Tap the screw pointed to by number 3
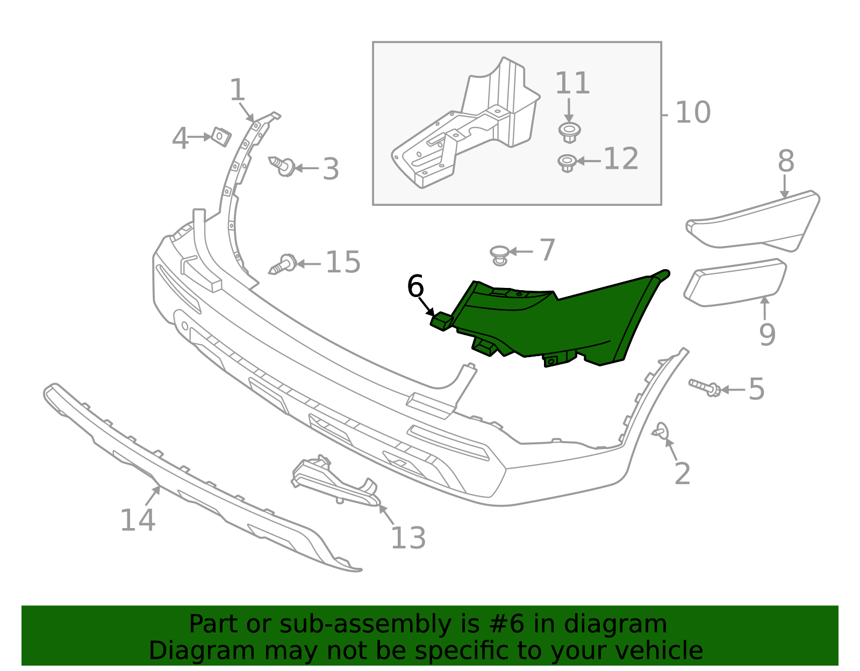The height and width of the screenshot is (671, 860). click(283, 166)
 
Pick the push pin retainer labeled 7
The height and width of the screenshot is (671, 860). click(500, 254)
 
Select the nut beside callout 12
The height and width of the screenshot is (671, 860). click(567, 162)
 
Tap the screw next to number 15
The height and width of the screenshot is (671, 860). click(283, 264)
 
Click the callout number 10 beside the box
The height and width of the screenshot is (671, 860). click(692, 112)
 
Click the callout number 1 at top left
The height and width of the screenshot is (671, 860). click(237, 90)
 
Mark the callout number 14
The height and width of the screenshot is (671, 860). click(137, 520)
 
